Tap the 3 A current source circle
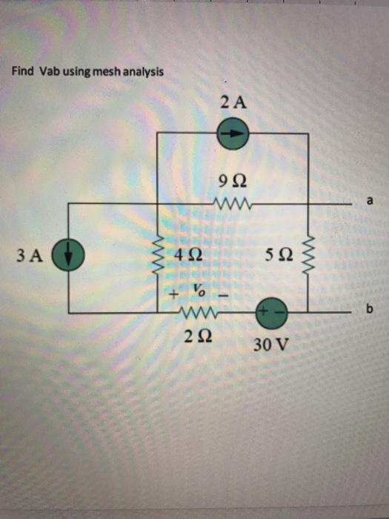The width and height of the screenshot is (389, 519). coord(69,257)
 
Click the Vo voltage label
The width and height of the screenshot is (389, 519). coord(198,289)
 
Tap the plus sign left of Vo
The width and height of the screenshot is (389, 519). coord(174,294)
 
